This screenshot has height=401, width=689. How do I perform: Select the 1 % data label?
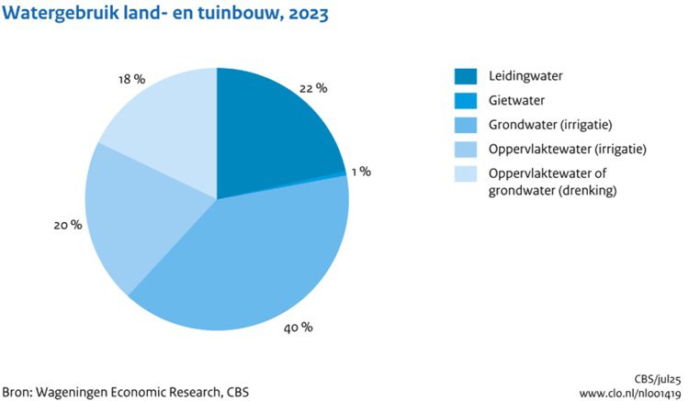click(x=360, y=171)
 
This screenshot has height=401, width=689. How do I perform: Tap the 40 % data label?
click(x=300, y=328)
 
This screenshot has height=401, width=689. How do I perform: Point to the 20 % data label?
click(x=69, y=224)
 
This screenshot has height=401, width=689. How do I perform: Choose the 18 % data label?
click(x=132, y=79)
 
